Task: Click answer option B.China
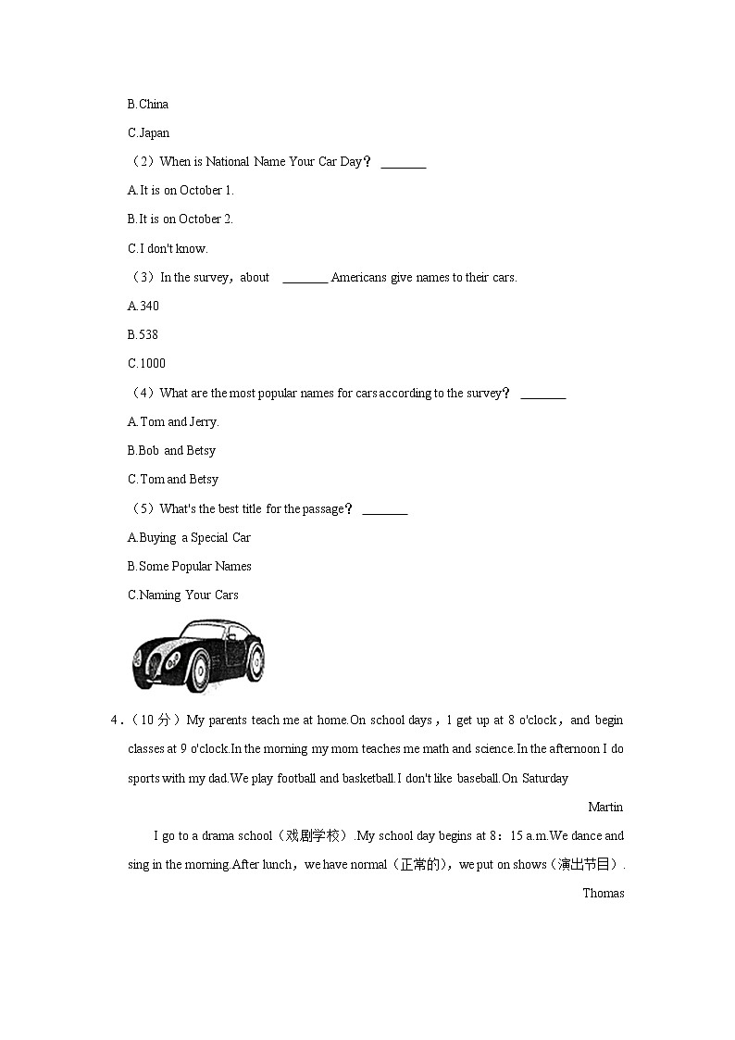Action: tap(148, 105)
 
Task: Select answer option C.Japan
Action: tap(148, 133)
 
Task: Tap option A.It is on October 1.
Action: tap(181, 191)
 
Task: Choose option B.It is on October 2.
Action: tap(181, 219)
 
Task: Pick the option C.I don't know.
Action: tap(168, 248)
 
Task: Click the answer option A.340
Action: tap(143, 307)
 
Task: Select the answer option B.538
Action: tap(143, 335)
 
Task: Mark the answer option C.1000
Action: tap(147, 364)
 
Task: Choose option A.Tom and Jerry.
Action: tap(173, 422)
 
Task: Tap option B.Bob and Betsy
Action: tap(171, 451)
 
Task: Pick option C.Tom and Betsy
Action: tap(173, 480)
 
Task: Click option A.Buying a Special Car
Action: tap(189, 538)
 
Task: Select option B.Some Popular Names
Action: tap(190, 567)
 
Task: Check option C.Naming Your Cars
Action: tap(183, 595)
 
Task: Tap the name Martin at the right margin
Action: tap(605, 808)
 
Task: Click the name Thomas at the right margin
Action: tap(604, 894)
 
